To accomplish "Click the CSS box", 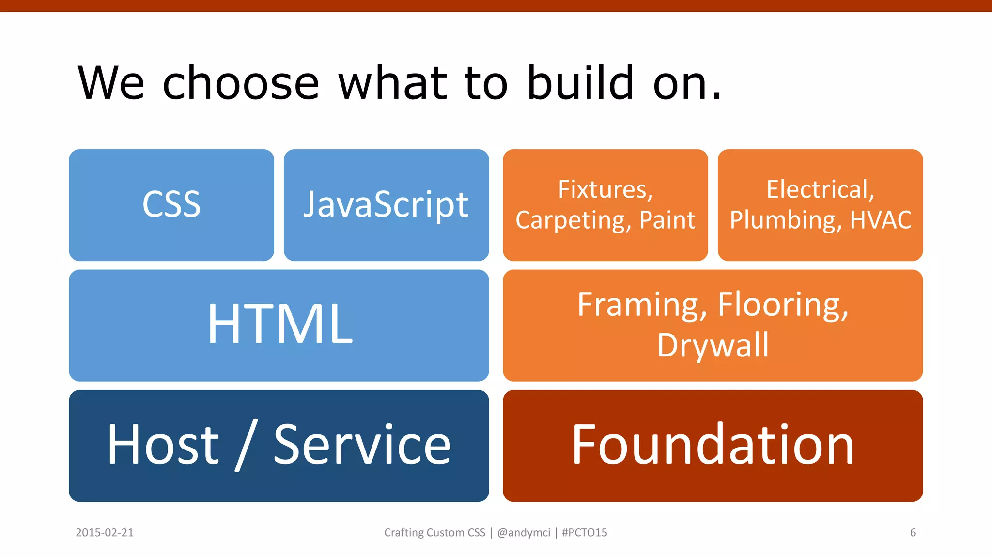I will coord(171,204).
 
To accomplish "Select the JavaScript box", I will coord(386,204).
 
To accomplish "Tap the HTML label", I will coord(280,324).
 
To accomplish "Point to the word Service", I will coord(362,444).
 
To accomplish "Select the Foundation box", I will coord(713,445).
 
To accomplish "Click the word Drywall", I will coord(713,345).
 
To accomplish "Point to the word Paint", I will coord(667,220).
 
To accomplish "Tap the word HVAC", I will coord(881,220).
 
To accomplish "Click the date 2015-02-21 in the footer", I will coord(105,533).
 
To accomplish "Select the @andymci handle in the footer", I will coord(524,533).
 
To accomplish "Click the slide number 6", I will coord(913,533).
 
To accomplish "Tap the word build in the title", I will coord(580,83).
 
